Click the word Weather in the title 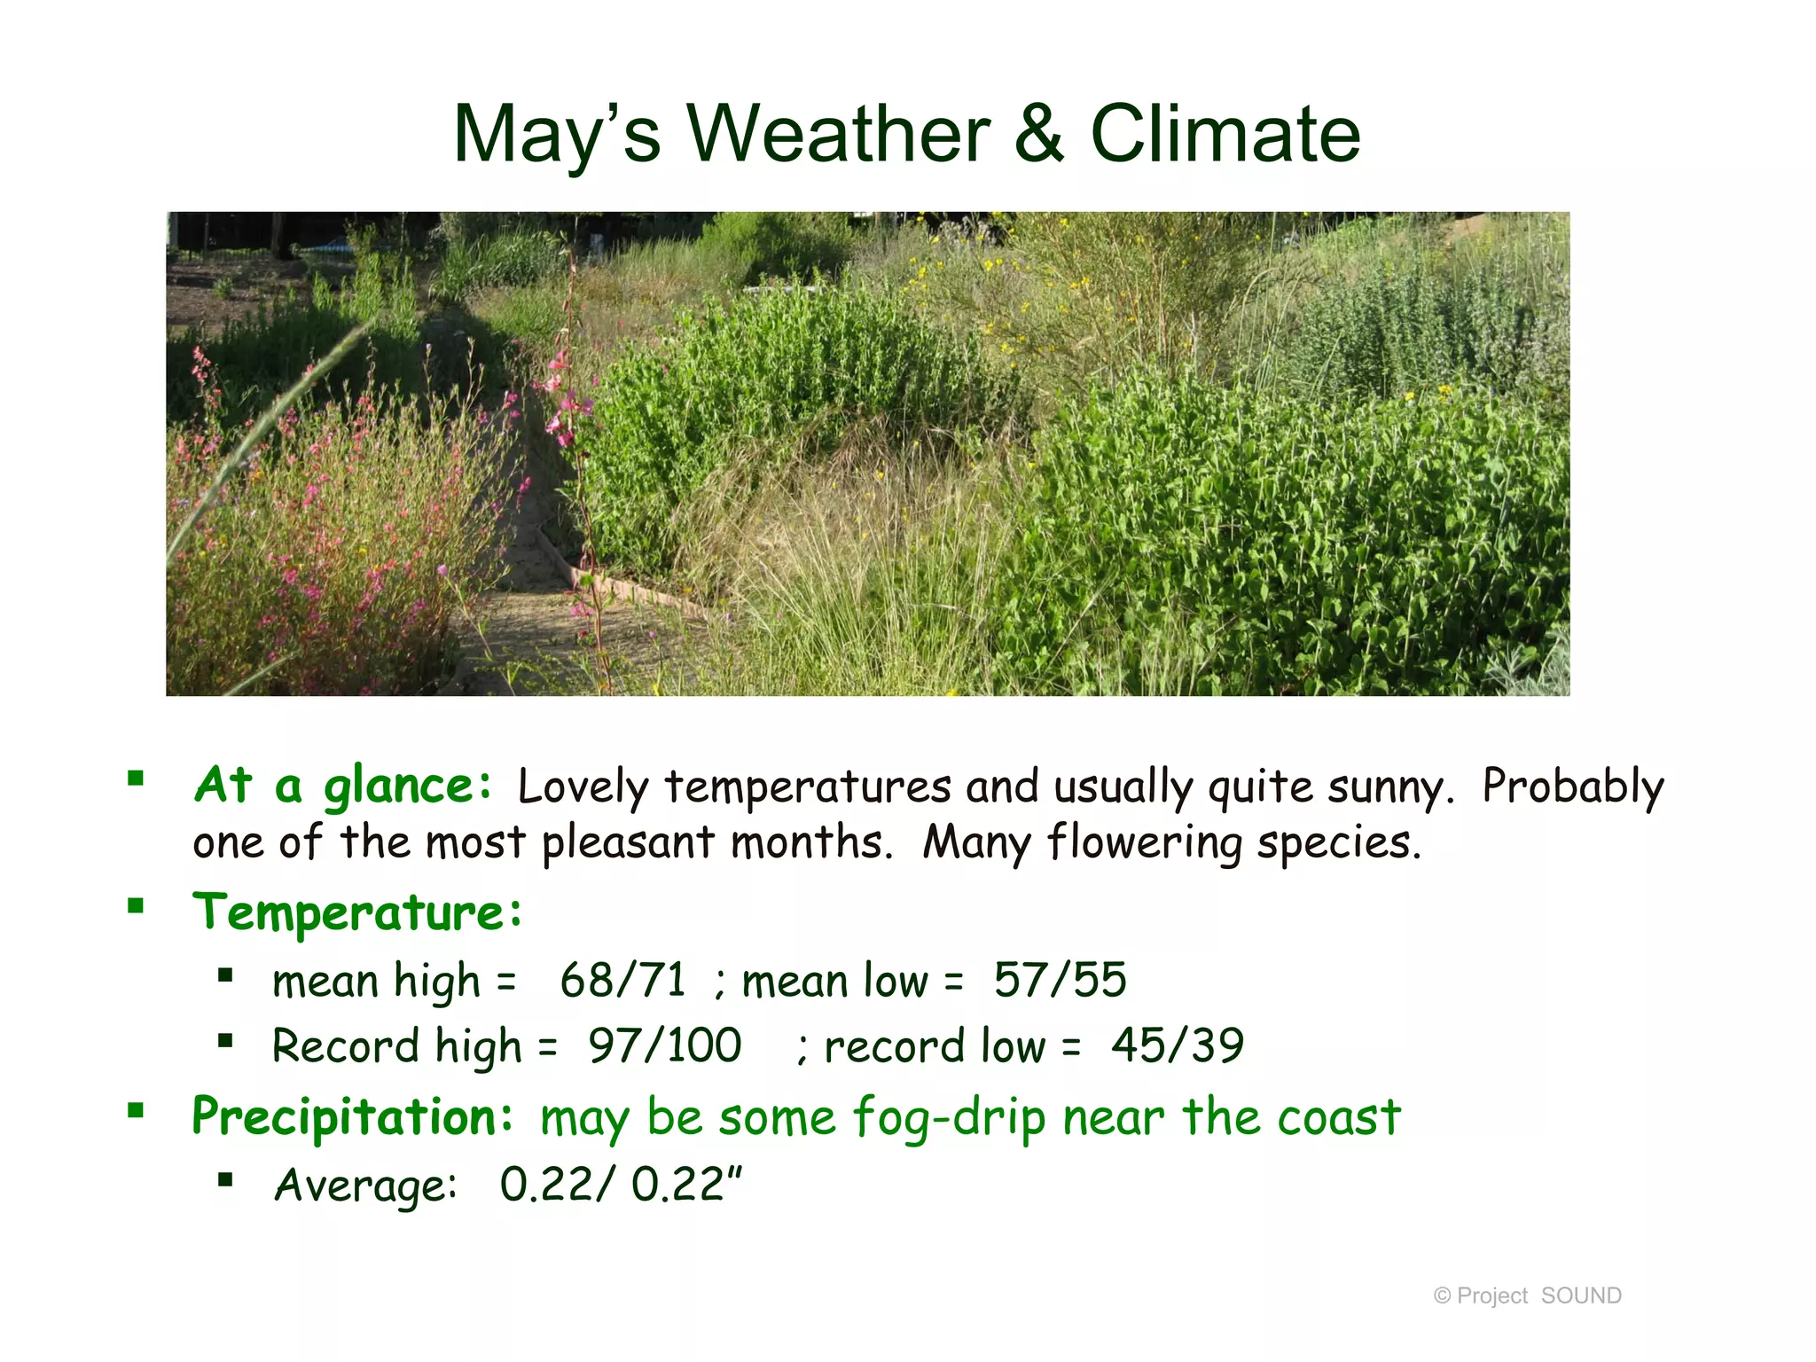pyautogui.click(x=838, y=135)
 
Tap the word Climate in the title pyautogui.click(x=1225, y=135)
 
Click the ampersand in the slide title pyautogui.click(x=1038, y=135)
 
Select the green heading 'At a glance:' pyautogui.click(x=342, y=787)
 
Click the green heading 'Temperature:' pyautogui.click(x=358, y=912)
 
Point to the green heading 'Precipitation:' pyautogui.click(x=352, y=1116)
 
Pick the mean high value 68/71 pyautogui.click(x=623, y=981)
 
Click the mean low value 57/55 pyautogui.click(x=1060, y=981)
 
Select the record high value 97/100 pyautogui.click(x=665, y=1046)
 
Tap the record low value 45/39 pyautogui.click(x=1178, y=1046)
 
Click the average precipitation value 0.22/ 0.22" pyautogui.click(x=621, y=1185)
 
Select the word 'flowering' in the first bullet pyautogui.click(x=1144, y=843)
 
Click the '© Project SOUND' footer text pyautogui.click(x=1527, y=1295)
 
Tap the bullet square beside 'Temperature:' pyautogui.click(x=136, y=905)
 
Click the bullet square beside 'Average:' pyautogui.click(x=225, y=1178)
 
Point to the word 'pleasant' pyautogui.click(x=628, y=843)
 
